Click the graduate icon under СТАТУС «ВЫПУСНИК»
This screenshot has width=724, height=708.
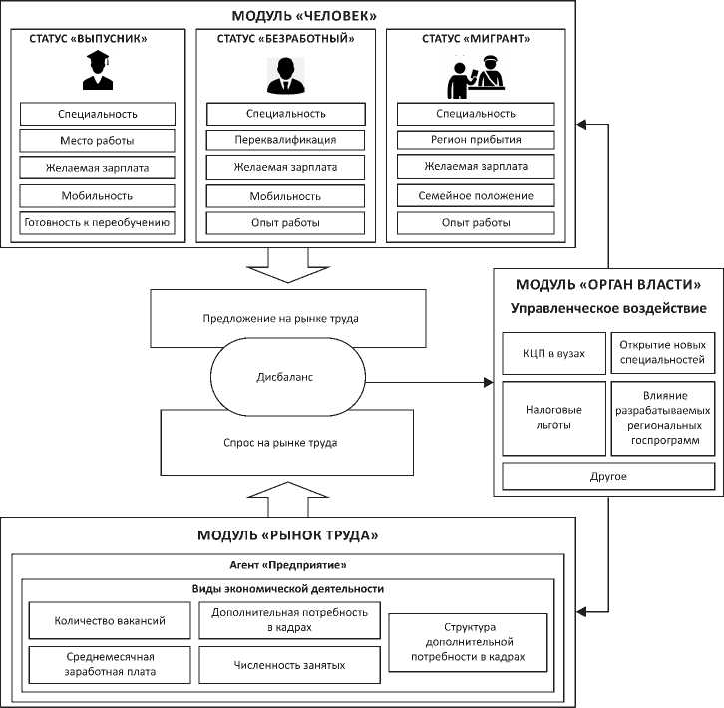[x=98, y=73]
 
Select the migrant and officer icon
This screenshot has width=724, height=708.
[x=475, y=75]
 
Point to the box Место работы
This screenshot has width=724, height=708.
[x=98, y=141]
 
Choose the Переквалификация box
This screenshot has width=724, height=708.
[x=285, y=140]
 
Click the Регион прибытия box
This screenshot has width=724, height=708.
[x=476, y=140]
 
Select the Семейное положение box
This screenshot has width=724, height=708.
[x=476, y=195]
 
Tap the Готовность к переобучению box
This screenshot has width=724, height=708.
[x=98, y=222]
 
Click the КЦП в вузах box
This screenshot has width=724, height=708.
[x=554, y=353]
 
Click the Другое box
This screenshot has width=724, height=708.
[x=607, y=477]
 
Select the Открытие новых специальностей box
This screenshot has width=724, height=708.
[x=661, y=353]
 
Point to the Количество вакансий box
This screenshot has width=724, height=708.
[x=110, y=620]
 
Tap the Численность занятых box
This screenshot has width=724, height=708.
[x=290, y=663]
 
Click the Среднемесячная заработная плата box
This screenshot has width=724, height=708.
[x=110, y=664]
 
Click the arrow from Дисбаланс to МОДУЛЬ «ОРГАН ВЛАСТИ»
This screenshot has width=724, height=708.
[x=429, y=382]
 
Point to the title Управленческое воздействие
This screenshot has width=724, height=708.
[x=608, y=308]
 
